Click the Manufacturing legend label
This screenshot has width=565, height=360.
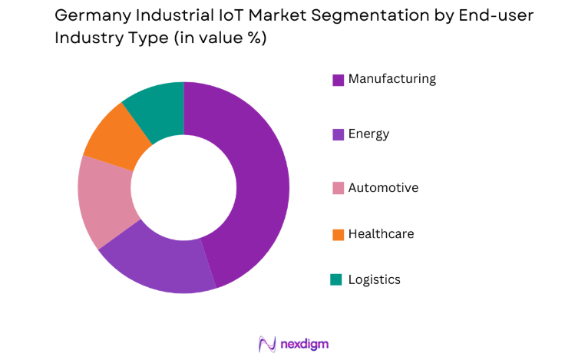tap(392, 79)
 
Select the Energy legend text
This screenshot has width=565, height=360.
tap(368, 134)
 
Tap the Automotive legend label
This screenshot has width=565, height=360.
tap(383, 188)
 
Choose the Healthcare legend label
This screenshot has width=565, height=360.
tap(381, 234)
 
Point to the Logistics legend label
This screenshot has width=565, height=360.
tap(374, 279)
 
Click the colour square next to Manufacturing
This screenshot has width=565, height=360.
tap(337, 80)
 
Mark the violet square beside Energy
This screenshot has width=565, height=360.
tap(337, 134)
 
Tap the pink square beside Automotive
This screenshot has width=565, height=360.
tap(337, 189)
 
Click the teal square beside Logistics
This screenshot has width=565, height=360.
tap(337, 280)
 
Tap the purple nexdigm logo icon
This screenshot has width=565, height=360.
tap(267, 343)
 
